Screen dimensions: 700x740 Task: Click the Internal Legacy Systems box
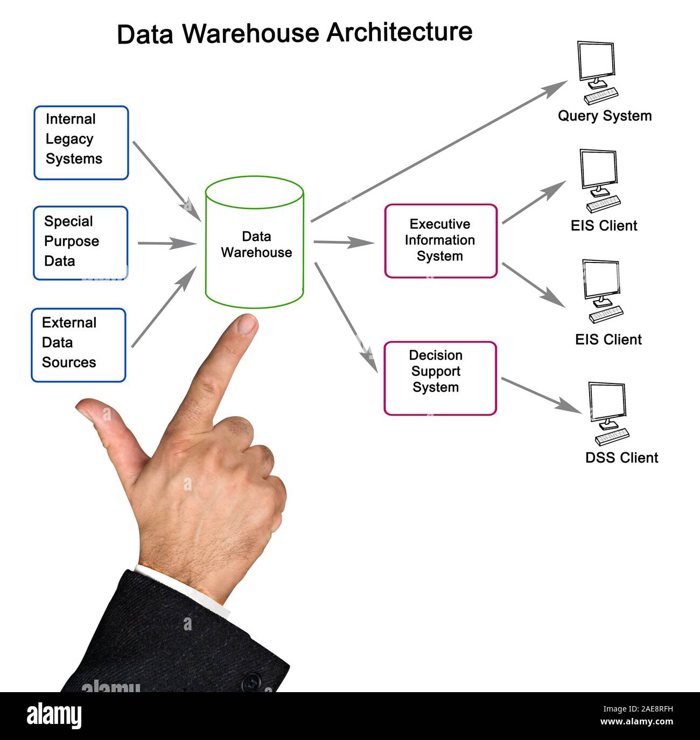pyautogui.click(x=81, y=143)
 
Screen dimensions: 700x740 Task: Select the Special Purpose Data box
pyautogui.click(x=81, y=243)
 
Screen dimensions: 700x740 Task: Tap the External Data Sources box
pyautogui.click(x=79, y=345)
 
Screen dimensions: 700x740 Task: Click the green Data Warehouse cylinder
pyautogui.click(x=255, y=242)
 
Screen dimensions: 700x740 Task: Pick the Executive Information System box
pyautogui.click(x=440, y=241)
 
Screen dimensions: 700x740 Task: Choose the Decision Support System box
pyautogui.click(x=440, y=378)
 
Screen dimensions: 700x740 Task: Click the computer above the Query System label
pyautogui.click(x=598, y=73)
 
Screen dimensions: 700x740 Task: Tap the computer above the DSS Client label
pyautogui.click(x=609, y=414)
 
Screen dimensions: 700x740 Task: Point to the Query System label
pyautogui.click(x=605, y=116)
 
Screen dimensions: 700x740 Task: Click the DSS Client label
pyautogui.click(x=621, y=458)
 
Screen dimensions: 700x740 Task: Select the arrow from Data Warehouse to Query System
pyautogui.click(x=439, y=151)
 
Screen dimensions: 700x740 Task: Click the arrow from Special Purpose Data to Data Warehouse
pyautogui.click(x=167, y=243)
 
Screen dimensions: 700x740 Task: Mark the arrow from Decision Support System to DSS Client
pyautogui.click(x=541, y=395)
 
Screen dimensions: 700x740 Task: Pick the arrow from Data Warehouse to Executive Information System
pyautogui.click(x=344, y=243)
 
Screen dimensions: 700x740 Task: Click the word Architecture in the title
pyautogui.click(x=399, y=32)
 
